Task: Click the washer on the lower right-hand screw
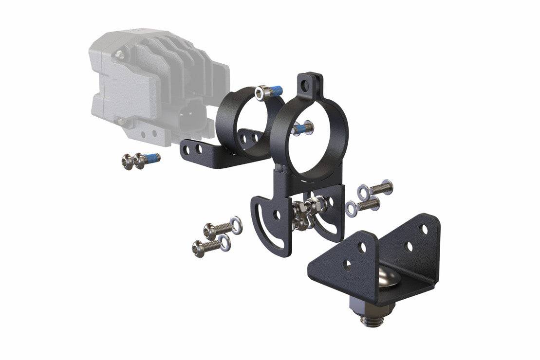click(x=352, y=209)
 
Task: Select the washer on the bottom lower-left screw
click(x=224, y=243)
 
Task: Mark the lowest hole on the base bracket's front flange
click(x=348, y=265)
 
